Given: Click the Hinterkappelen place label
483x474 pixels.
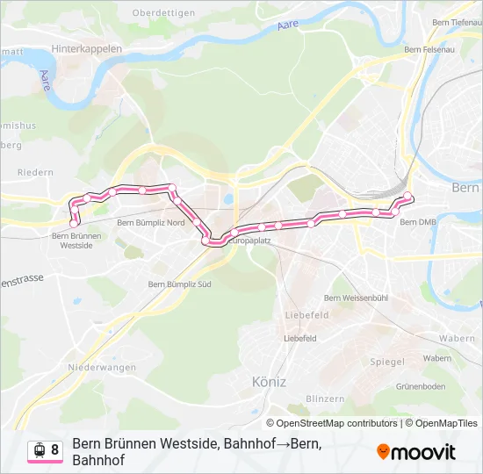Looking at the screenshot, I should (87, 49).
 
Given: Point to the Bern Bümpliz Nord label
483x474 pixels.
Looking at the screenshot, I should (151, 223).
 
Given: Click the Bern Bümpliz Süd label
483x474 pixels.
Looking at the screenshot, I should (180, 284).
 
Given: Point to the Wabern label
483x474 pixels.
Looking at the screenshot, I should (457, 338).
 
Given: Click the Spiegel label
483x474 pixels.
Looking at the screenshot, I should (387, 362).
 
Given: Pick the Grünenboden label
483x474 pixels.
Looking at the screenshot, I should (422, 387).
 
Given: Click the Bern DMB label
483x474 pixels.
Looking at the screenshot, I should (417, 223).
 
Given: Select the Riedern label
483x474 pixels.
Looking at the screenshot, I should (35, 173).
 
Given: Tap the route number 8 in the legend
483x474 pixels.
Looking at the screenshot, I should (55, 450).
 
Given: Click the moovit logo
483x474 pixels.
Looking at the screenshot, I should (416, 452).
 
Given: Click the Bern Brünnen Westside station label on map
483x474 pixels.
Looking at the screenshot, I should (73, 241).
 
